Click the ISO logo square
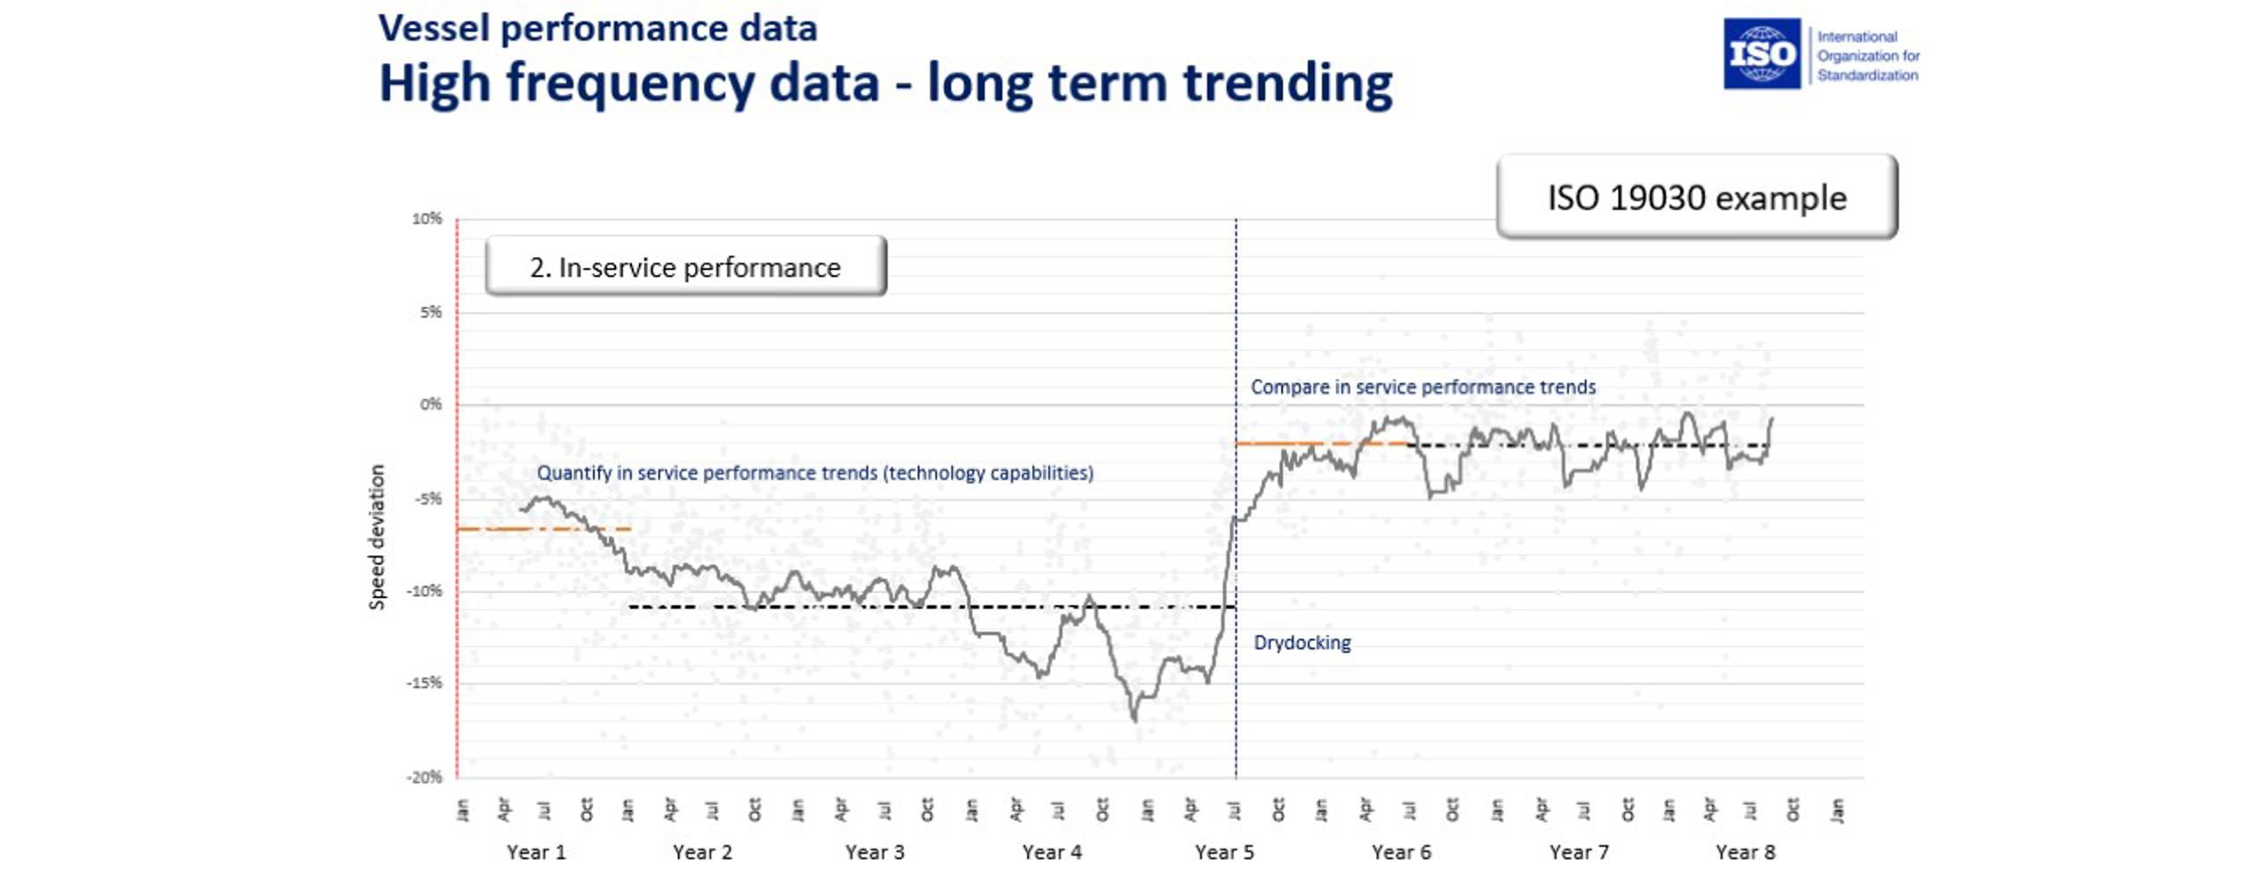pyautogui.click(x=1761, y=54)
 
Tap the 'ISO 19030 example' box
pyautogui.click(x=1696, y=198)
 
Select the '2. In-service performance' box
pyautogui.click(x=686, y=266)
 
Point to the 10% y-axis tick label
pyautogui.click(x=426, y=219)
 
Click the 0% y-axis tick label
pyautogui.click(x=430, y=405)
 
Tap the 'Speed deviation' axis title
pyautogui.click(x=377, y=536)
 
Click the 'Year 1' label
pyautogui.click(x=536, y=852)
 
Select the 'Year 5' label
pyautogui.click(x=1224, y=852)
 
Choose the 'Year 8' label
pyautogui.click(x=1745, y=852)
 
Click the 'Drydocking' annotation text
pyautogui.click(x=1302, y=643)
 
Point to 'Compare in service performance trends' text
pyautogui.click(x=1422, y=387)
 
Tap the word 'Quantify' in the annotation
pyautogui.click(x=574, y=473)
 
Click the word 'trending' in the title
pyautogui.click(x=1287, y=84)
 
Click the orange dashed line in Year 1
pyautogui.click(x=529, y=528)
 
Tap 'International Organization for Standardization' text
pyautogui.click(x=1867, y=56)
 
